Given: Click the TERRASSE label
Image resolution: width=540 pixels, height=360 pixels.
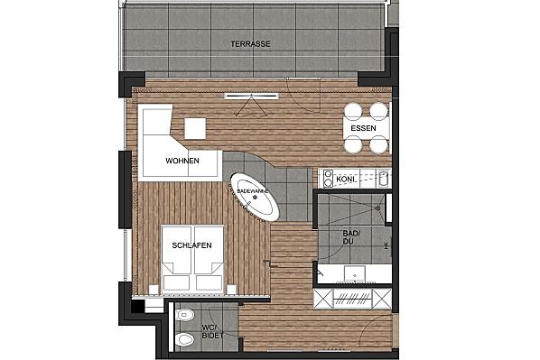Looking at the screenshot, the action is click(250, 44).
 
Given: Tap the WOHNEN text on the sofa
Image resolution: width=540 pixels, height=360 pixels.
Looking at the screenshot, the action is click(182, 161).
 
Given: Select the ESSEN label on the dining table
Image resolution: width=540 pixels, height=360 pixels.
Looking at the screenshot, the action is click(363, 128).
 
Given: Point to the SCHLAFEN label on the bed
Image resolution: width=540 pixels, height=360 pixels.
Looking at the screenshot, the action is click(191, 245).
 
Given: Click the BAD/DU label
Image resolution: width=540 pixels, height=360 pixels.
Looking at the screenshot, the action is click(351, 237).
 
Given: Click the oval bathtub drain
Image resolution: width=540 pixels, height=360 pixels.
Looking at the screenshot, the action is click(255, 198).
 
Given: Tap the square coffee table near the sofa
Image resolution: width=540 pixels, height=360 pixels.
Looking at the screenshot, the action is click(195, 128).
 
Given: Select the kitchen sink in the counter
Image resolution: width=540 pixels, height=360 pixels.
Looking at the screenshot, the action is click(383, 179).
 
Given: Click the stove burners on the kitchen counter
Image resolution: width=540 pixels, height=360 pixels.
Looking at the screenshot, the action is click(328, 179).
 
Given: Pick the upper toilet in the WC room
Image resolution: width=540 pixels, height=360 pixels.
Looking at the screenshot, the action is click(184, 315).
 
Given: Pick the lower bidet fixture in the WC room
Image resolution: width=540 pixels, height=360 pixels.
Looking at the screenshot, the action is click(184, 340).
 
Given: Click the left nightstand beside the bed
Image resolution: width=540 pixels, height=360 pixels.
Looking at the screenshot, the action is click(154, 290).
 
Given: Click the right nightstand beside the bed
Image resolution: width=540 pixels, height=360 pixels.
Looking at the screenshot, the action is click(232, 290).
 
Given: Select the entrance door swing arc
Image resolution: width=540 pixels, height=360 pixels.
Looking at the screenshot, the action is click(368, 324).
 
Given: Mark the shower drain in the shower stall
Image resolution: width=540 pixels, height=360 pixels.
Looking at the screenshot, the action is click(377, 208).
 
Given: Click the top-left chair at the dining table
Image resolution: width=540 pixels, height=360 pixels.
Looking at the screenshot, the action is click(353, 111).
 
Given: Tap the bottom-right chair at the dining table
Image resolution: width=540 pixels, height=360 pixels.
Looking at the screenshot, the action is click(379, 144).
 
